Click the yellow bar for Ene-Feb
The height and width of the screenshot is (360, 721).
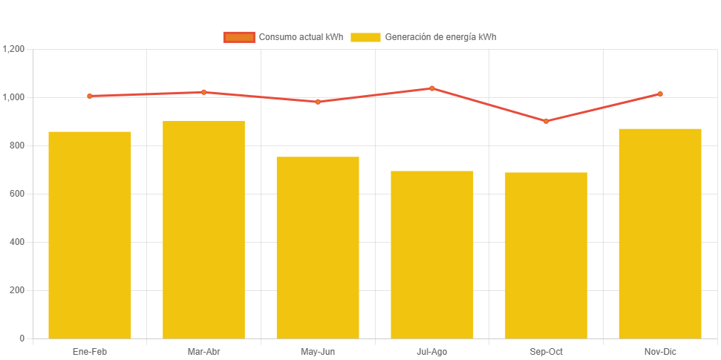[x=90, y=235]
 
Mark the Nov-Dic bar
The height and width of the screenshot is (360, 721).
[x=660, y=233]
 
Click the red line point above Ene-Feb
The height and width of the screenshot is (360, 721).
[x=90, y=96]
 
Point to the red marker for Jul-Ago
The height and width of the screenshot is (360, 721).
[x=432, y=88]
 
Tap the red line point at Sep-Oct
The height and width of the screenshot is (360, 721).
[x=546, y=121]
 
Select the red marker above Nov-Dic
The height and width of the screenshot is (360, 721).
[x=660, y=94]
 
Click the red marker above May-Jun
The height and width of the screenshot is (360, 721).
[x=318, y=102]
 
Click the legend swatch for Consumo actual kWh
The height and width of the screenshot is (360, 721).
[x=239, y=37]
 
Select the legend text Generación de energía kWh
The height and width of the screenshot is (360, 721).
[x=440, y=37]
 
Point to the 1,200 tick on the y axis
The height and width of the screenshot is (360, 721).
[x=14, y=49]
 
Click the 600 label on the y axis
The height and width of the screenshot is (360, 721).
[x=17, y=194]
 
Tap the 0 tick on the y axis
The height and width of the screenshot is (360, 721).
[x=22, y=338]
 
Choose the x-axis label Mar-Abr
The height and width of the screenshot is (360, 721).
[x=203, y=351]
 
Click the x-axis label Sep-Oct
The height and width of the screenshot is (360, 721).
[x=546, y=351]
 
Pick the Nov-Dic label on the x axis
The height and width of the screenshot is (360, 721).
[x=660, y=351]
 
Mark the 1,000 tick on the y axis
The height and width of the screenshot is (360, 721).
[x=14, y=97]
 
